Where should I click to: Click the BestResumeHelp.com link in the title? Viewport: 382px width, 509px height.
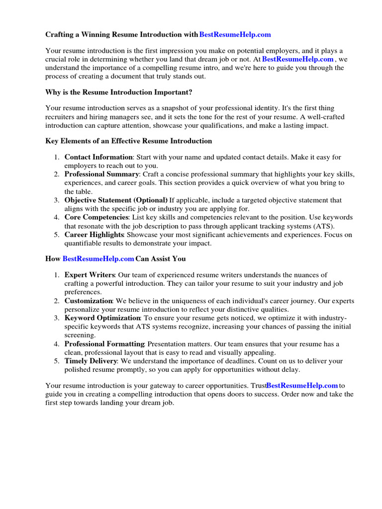tap(235, 34)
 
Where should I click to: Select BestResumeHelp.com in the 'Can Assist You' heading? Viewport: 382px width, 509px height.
tap(98, 259)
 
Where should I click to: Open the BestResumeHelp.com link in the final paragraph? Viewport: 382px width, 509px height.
tap(302, 385)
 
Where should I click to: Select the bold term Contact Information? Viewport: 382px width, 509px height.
tap(98, 157)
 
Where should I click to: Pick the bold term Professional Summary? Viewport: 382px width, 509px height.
tap(101, 174)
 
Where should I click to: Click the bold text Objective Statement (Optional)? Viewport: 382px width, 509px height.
tap(116, 200)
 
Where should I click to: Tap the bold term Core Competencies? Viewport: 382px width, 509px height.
tap(97, 218)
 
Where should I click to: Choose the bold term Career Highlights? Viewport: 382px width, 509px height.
tap(94, 235)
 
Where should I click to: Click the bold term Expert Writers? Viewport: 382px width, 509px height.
tap(90, 275)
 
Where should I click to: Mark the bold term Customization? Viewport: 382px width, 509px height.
tap(89, 301)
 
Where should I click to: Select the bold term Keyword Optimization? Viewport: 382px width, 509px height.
tap(102, 318)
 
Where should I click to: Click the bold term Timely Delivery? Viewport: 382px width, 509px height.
tap(91, 361)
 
